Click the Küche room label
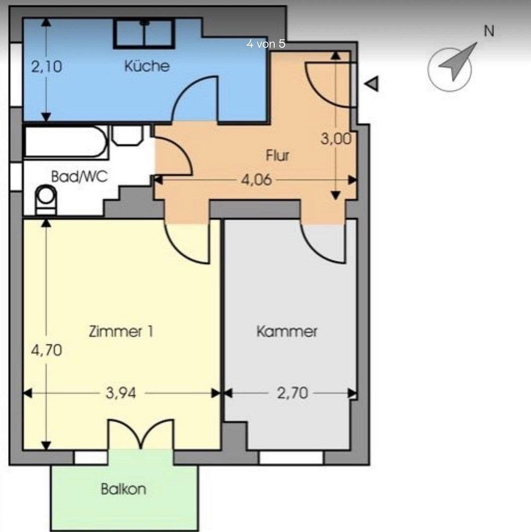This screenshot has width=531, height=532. point(146,66)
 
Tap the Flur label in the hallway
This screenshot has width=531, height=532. point(277,156)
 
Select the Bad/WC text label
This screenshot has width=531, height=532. point(79,177)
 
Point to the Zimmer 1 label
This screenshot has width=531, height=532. point(121,332)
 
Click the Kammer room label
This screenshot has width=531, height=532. point(287,332)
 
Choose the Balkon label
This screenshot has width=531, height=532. point(123,489)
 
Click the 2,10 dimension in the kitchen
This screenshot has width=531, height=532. point(47,66)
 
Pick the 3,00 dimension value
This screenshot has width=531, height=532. point(336,139)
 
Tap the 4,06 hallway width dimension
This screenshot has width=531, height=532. point(256,180)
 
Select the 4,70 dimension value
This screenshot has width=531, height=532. point(47,350)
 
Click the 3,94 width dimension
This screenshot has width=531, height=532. point(121,393)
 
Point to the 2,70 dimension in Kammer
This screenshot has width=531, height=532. point(292,393)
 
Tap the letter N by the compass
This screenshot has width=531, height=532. point(489,31)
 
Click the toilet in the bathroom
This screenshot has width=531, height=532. point(46,199)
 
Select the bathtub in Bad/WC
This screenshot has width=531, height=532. point(66,142)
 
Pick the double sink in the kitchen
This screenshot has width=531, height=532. point(144,33)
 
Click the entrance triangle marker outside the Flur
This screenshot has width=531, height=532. point(372,84)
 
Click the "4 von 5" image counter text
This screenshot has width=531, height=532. point(265,44)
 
